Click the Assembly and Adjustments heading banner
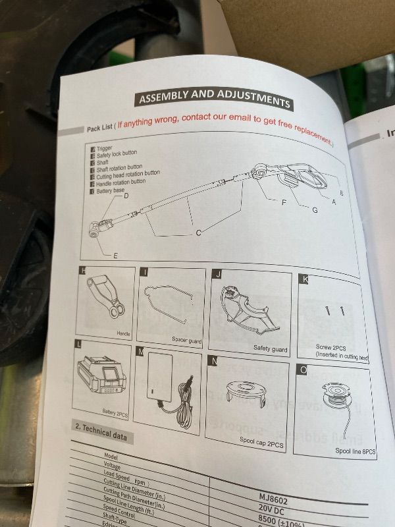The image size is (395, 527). coord(213,97)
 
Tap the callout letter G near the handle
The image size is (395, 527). coord(315,209)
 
